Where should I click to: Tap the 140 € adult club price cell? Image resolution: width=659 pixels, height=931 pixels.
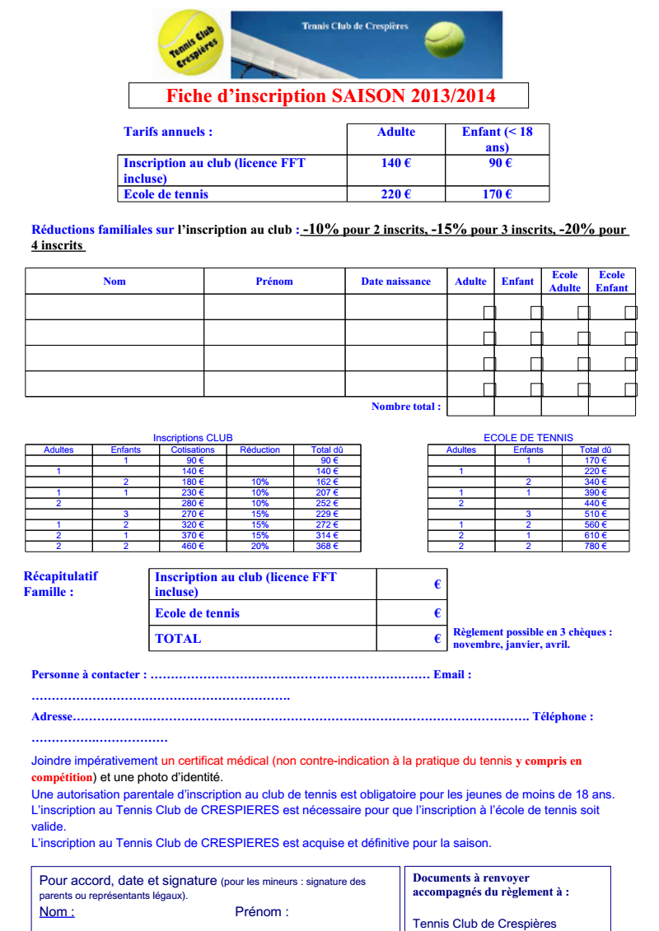(x=396, y=163)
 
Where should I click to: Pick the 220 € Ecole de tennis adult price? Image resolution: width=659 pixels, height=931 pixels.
(x=396, y=194)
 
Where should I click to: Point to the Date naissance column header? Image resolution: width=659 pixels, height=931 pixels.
(x=395, y=282)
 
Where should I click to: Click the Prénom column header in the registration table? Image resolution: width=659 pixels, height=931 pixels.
(x=274, y=282)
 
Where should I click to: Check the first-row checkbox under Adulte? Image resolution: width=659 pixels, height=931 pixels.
(x=489, y=312)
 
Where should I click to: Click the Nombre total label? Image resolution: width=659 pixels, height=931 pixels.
(x=406, y=406)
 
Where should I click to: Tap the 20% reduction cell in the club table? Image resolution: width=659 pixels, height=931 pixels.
(x=259, y=546)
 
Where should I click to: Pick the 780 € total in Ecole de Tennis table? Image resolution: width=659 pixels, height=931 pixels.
(x=596, y=546)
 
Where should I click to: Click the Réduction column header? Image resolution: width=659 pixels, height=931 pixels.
(x=259, y=449)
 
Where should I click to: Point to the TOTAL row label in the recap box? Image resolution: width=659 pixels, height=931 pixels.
(x=179, y=638)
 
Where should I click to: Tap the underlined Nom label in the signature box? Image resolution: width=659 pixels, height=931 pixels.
(x=57, y=911)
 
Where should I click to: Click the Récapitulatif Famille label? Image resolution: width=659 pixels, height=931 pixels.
(x=60, y=584)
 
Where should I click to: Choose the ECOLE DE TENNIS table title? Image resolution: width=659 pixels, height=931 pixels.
(x=528, y=438)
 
